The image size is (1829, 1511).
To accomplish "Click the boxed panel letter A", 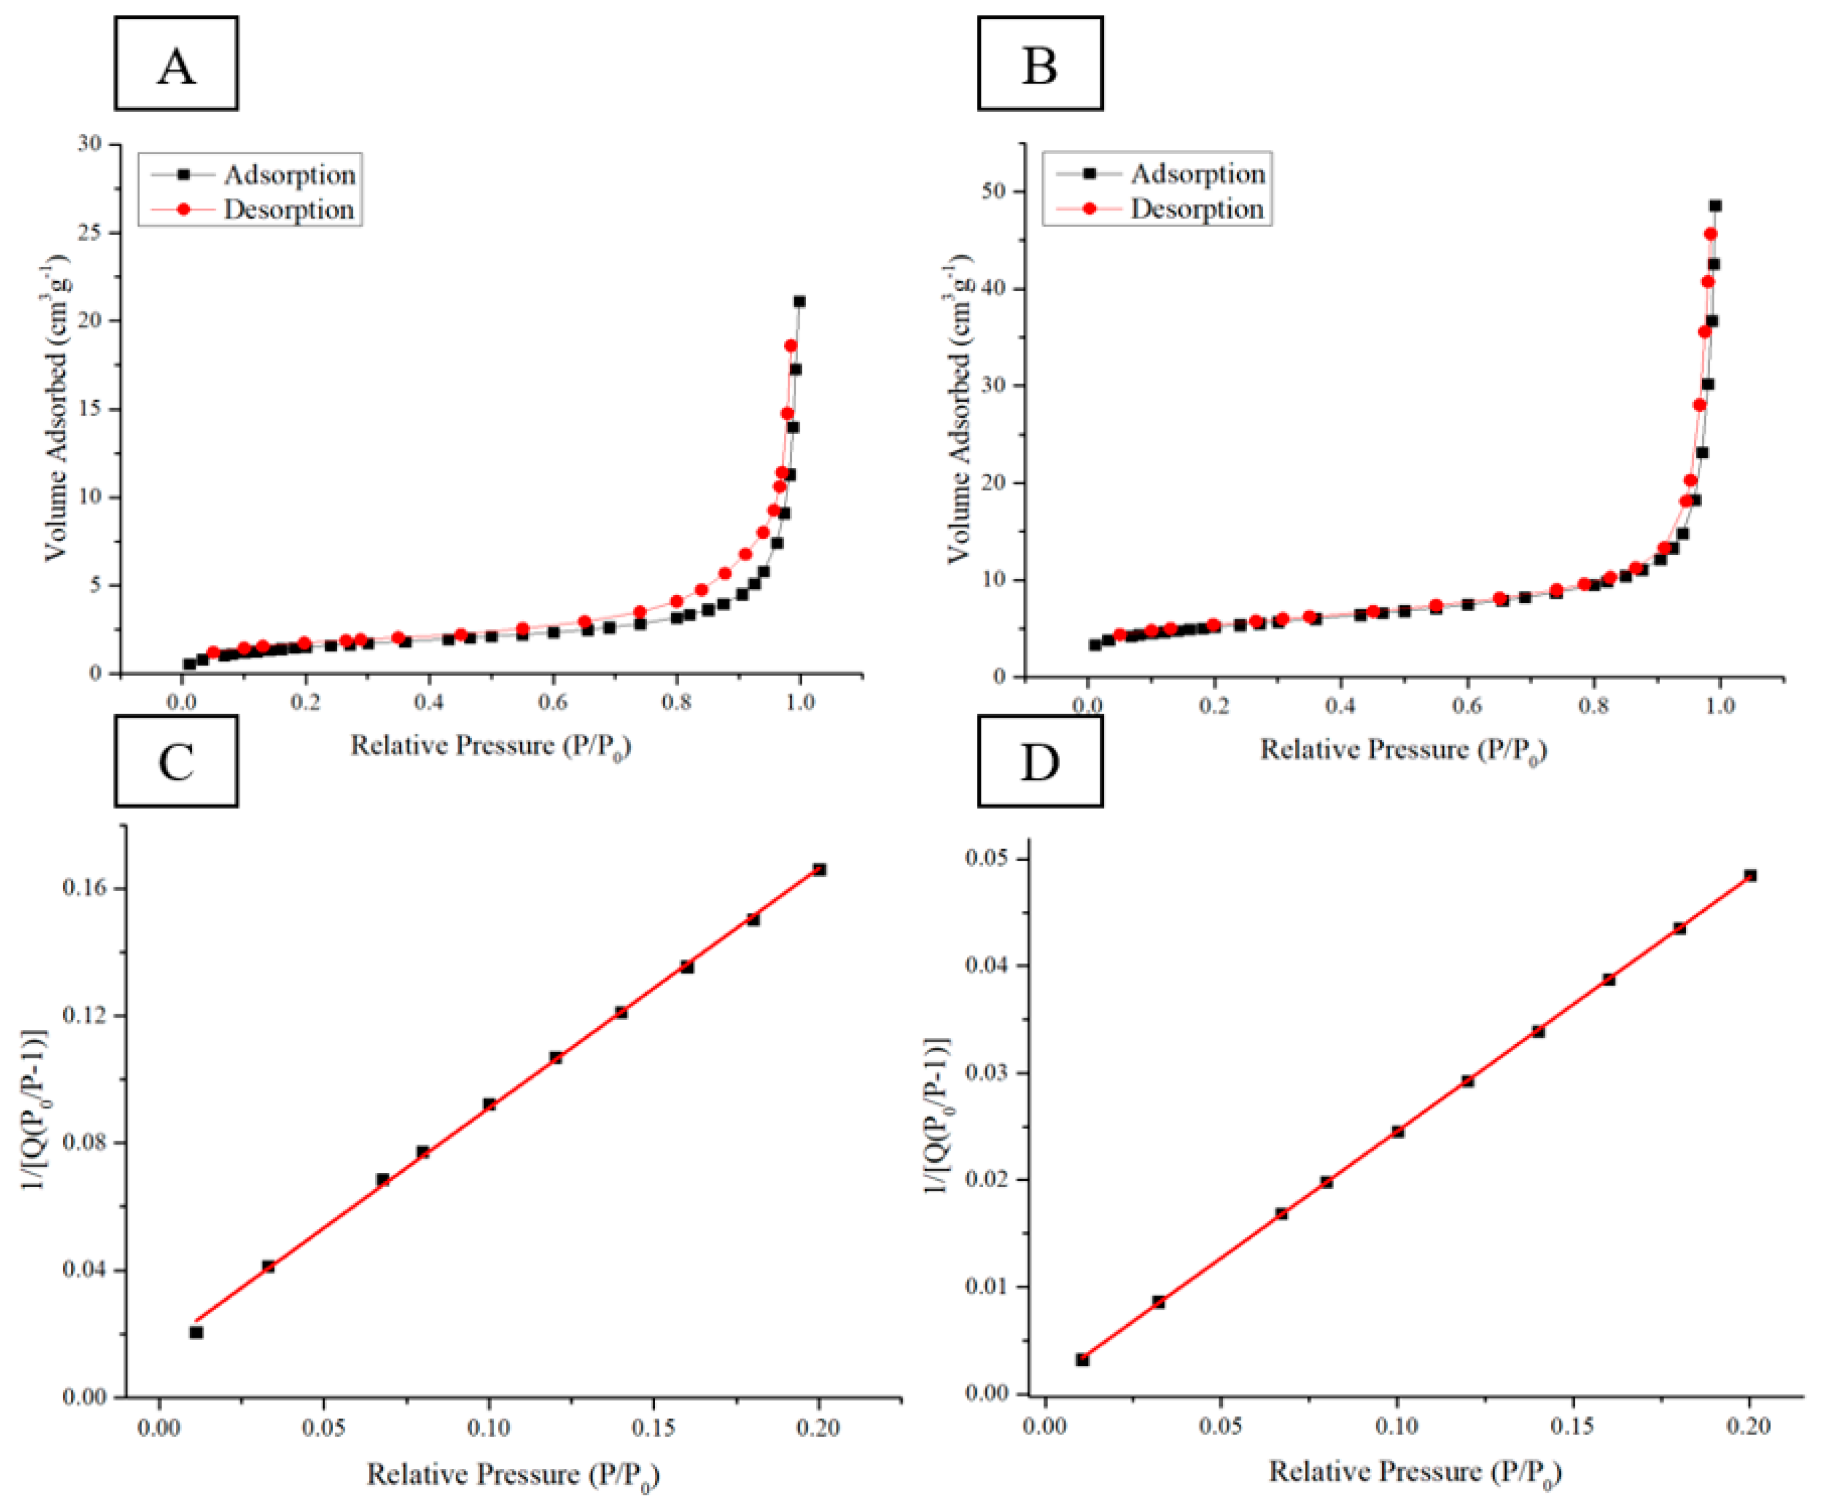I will (x=176, y=65).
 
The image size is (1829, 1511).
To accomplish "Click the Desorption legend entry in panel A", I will (x=288, y=210).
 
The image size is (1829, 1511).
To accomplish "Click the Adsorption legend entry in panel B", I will (x=1196, y=174).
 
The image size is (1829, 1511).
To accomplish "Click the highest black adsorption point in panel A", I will (x=799, y=302).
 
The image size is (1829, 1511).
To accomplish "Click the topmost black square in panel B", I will (x=1715, y=206).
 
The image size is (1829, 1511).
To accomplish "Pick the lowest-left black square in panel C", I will (x=197, y=1333).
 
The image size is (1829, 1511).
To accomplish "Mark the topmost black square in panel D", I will (x=1750, y=876).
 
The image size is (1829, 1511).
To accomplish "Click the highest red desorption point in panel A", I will (x=790, y=346).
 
